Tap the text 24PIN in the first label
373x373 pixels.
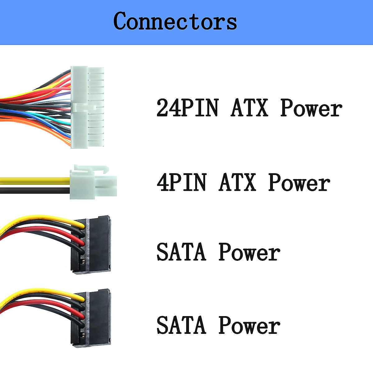pos(187,108)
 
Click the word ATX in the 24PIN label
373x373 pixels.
pos(249,108)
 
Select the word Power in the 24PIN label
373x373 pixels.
pos(311,108)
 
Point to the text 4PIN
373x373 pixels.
pos(181,182)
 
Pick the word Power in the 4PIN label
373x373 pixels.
pos(299,182)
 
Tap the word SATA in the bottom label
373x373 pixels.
pos(181,325)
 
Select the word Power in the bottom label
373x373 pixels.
pos(249,325)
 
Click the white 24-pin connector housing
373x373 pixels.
pos(87,107)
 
